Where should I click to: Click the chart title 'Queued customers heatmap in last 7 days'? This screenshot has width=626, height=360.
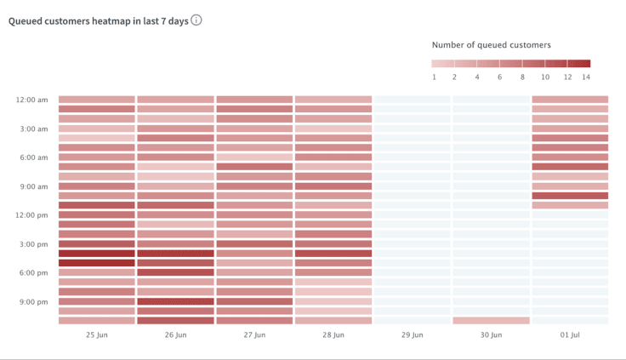pyautogui.click(x=98, y=20)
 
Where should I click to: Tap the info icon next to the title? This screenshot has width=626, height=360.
pyautogui.click(x=196, y=20)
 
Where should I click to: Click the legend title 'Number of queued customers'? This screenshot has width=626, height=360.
pyautogui.click(x=491, y=44)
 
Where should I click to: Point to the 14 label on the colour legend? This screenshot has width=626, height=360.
pyautogui.click(x=585, y=77)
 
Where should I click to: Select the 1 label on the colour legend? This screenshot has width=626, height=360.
pyautogui.click(x=434, y=77)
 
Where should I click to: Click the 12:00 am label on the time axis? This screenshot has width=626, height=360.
pyautogui.click(x=31, y=100)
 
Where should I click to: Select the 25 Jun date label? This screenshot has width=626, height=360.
pyautogui.click(x=96, y=335)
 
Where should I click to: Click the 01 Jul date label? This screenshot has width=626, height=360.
pyautogui.click(x=570, y=335)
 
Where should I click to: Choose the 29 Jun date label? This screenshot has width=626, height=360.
pyautogui.click(x=412, y=335)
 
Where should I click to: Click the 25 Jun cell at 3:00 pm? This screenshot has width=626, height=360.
pyautogui.click(x=96, y=244)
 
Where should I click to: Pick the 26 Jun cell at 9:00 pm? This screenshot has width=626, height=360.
pyautogui.click(x=175, y=301)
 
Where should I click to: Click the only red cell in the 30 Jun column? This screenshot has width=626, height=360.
pyautogui.click(x=491, y=321)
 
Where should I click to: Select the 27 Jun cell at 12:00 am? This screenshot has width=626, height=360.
pyautogui.click(x=254, y=100)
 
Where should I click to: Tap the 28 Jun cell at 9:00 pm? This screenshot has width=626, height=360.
pyautogui.click(x=333, y=301)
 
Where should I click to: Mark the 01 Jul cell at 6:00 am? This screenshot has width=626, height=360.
pyautogui.click(x=570, y=157)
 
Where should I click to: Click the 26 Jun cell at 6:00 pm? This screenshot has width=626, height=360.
pyautogui.click(x=175, y=272)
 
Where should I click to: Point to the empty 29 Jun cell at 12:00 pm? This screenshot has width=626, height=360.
pyautogui.click(x=412, y=214)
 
